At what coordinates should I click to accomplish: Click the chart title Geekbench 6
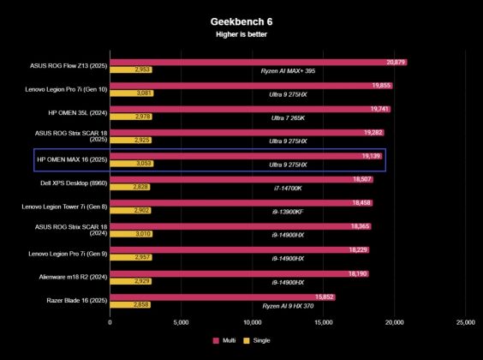point(241,21)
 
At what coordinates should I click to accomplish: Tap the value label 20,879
point(396,63)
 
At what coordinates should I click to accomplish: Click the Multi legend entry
point(224,340)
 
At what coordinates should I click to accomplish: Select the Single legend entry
point(258,340)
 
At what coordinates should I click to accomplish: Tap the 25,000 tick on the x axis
point(464,322)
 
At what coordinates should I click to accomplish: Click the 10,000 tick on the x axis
point(252,322)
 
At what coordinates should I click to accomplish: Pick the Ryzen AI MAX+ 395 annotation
point(288,71)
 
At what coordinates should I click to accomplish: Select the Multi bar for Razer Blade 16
point(222,297)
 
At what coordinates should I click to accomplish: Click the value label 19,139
point(371,156)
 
